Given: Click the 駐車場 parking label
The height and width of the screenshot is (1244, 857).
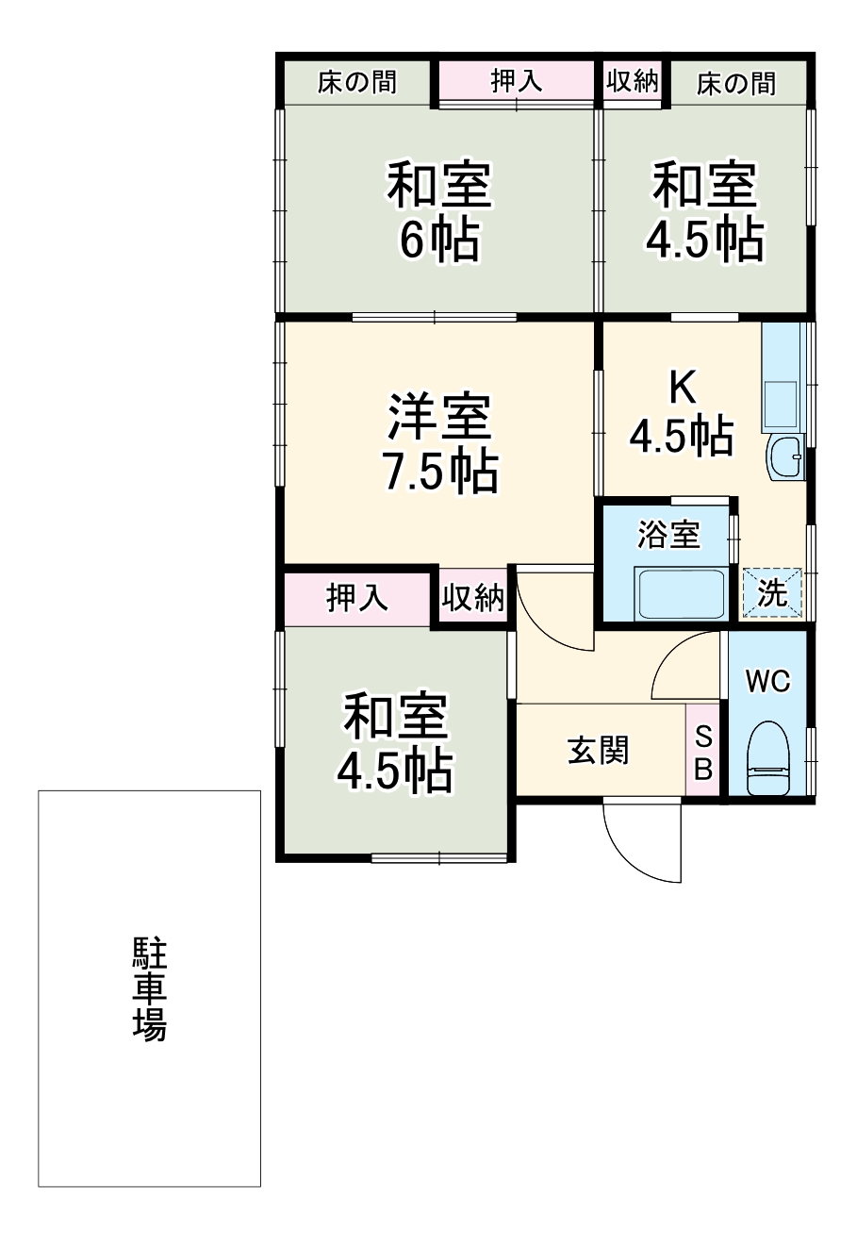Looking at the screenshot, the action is point(149,989).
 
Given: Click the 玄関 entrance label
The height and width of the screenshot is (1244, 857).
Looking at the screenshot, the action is point(598,751).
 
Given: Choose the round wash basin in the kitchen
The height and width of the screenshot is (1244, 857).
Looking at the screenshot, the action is point(784,456).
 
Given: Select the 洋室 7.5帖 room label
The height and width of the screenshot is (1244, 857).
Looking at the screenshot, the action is point(440,443).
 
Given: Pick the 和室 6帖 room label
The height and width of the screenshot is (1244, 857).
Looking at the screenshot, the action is point(439,211).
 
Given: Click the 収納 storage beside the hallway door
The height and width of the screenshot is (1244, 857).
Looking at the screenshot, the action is point(473,598).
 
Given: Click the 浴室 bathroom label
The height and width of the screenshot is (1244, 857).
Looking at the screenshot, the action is point(668,534).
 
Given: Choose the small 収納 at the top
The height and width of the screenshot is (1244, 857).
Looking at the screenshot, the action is point(633,81).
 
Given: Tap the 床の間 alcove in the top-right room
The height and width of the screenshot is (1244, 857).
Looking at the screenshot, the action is point(736,83).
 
